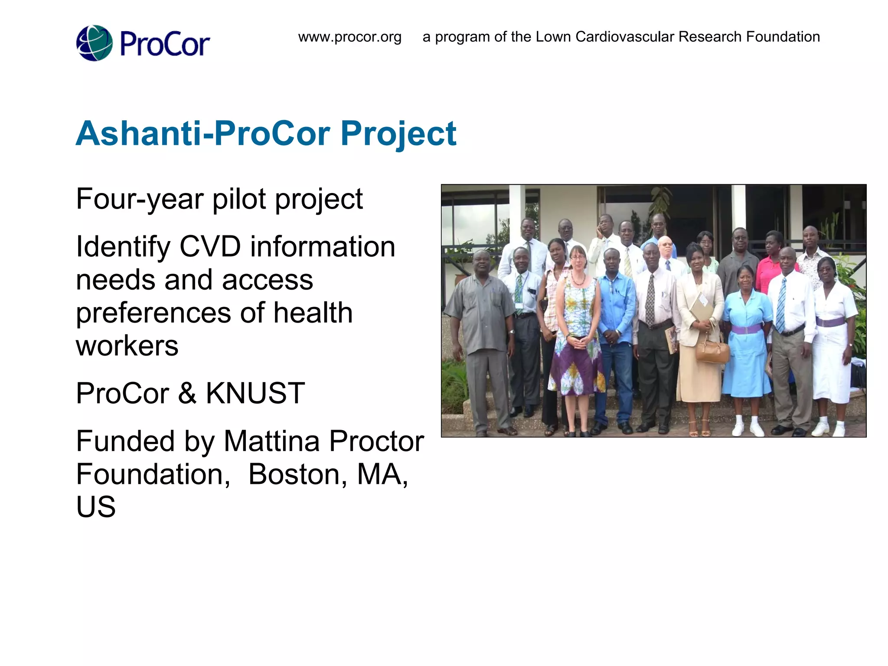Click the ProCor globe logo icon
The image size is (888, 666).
pos(94,43)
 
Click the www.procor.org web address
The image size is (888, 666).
pos(349,37)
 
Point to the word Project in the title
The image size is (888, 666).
pos(398,134)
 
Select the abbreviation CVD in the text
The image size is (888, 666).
pos(210,247)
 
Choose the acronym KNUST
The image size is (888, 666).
pos(255,393)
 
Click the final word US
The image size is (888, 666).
pos(96,506)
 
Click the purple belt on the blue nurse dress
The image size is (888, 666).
pos(746,329)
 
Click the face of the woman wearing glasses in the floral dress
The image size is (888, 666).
pos(577,259)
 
